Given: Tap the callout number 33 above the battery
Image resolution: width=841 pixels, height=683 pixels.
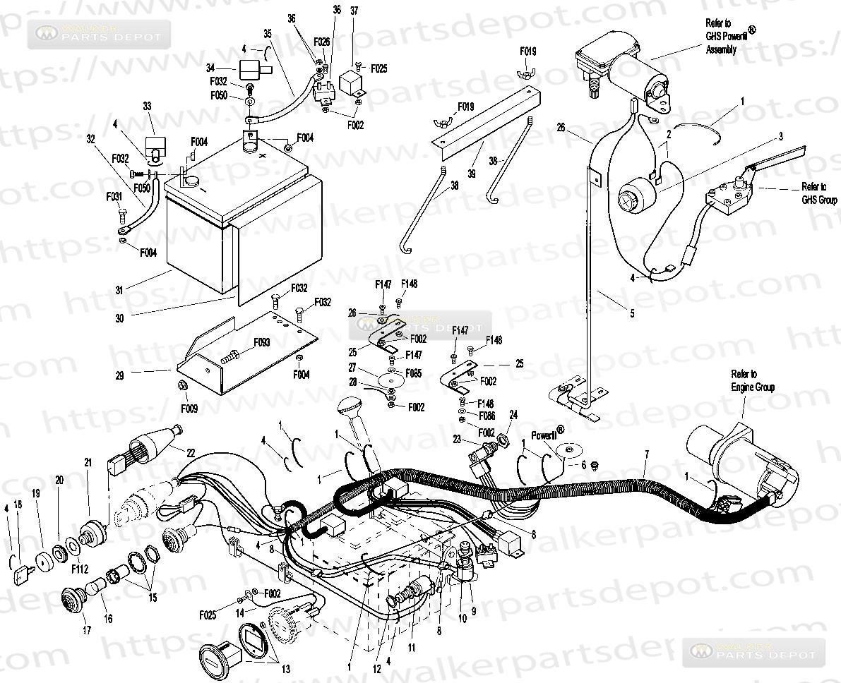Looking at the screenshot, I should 148,107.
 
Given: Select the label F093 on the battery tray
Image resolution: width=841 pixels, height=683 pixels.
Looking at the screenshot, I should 262,342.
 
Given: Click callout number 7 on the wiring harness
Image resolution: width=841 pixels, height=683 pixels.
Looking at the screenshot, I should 645,452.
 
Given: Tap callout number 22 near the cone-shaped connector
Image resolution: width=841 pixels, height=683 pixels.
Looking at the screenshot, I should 191,452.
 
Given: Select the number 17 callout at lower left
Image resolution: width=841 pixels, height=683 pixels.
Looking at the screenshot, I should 87,630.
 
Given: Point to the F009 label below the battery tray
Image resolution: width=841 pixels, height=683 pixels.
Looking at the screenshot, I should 189,408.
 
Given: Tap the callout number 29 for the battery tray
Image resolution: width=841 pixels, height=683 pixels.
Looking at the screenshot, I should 120,376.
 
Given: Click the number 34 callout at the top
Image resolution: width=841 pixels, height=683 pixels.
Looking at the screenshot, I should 210,68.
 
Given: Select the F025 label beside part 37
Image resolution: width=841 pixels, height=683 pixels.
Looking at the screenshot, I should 378,68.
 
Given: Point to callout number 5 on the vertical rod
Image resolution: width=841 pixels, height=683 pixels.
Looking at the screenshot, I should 631,313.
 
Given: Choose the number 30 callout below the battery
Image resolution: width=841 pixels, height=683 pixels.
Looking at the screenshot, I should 120,318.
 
